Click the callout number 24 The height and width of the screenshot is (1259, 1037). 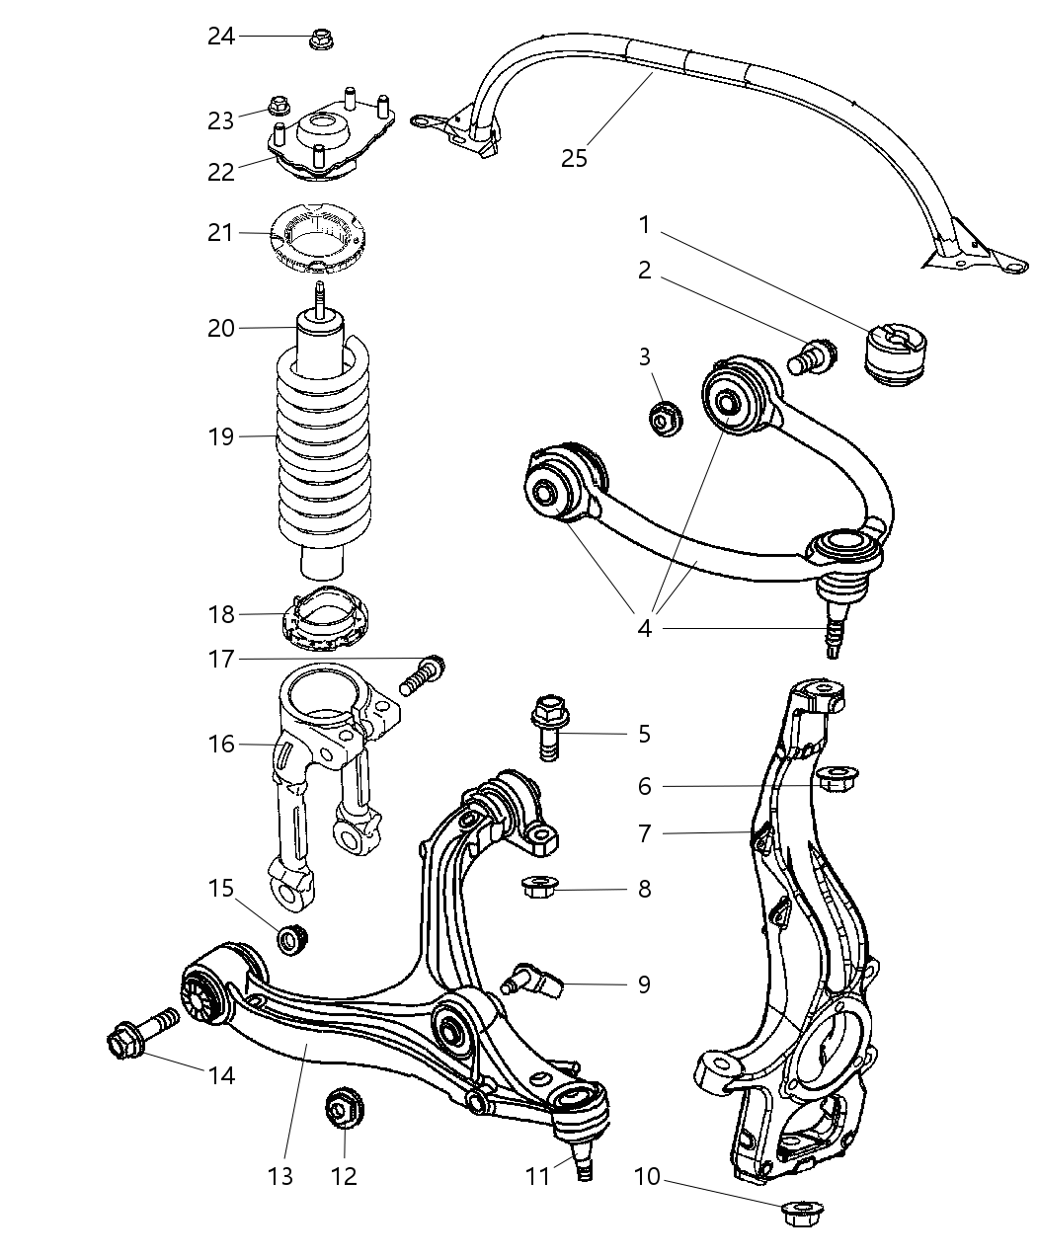(221, 37)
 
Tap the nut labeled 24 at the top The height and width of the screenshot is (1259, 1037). (319, 39)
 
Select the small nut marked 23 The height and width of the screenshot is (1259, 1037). (279, 105)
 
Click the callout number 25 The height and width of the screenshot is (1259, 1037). (574, 157)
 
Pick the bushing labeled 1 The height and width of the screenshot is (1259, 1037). (897, 354)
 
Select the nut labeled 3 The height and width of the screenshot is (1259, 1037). (663, 418)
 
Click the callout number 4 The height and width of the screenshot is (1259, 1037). (644, 627)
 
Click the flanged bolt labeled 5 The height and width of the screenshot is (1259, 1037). (549, 730)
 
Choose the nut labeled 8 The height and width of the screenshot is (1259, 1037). (538, 889)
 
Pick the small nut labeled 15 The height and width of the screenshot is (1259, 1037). (293, 939)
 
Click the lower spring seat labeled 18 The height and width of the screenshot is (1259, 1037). (324, 622)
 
